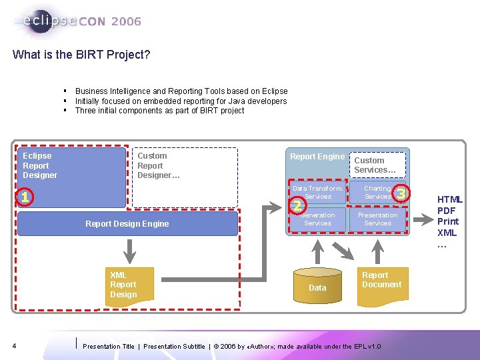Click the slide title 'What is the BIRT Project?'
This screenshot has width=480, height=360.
(81, 55)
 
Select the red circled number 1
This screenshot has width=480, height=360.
(24, 197)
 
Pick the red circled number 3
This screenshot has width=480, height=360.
(401, 194)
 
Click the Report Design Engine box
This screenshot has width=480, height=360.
(127, 224)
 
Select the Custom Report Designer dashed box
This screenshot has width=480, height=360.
(185, 177)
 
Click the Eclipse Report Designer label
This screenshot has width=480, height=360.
(40, 165)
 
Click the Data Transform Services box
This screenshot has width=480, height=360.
(318, 193)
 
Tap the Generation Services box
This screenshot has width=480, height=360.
(318, 219)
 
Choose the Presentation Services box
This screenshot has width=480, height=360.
(377, 219)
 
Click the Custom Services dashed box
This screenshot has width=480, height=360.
(378, 165)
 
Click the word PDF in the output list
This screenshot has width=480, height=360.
(446, 211)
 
